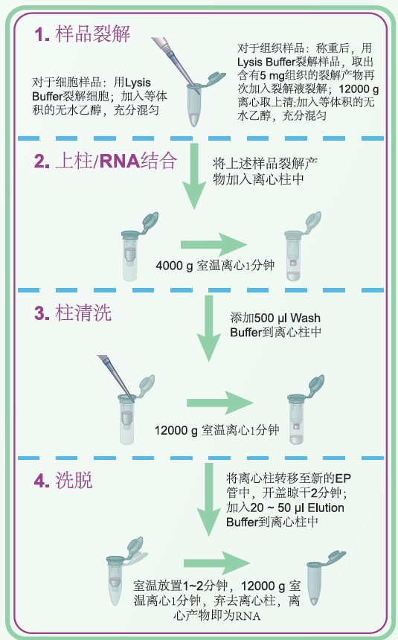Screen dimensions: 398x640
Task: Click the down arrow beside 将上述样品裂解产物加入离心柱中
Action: pos(194,176)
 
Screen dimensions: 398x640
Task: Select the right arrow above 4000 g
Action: pos(214,245)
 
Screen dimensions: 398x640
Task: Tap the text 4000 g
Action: pos(174,266)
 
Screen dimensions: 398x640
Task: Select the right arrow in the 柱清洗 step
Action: pos(219,403)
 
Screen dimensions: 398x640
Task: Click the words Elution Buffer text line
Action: pos(285,515)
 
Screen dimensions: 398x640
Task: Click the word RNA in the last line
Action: pos(247,615)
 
